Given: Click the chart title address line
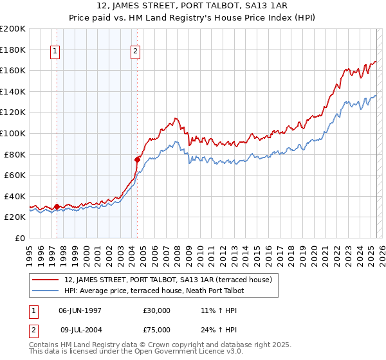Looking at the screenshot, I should [x=192, y=6].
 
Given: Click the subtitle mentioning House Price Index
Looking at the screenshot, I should [x=192, y=17].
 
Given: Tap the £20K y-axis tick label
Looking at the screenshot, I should [x=15, y=217].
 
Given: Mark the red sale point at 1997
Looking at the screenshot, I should [x=57, y=207].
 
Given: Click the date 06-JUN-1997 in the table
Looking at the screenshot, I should [x=80, y=310].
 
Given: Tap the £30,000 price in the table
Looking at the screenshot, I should [x=157, y=310].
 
